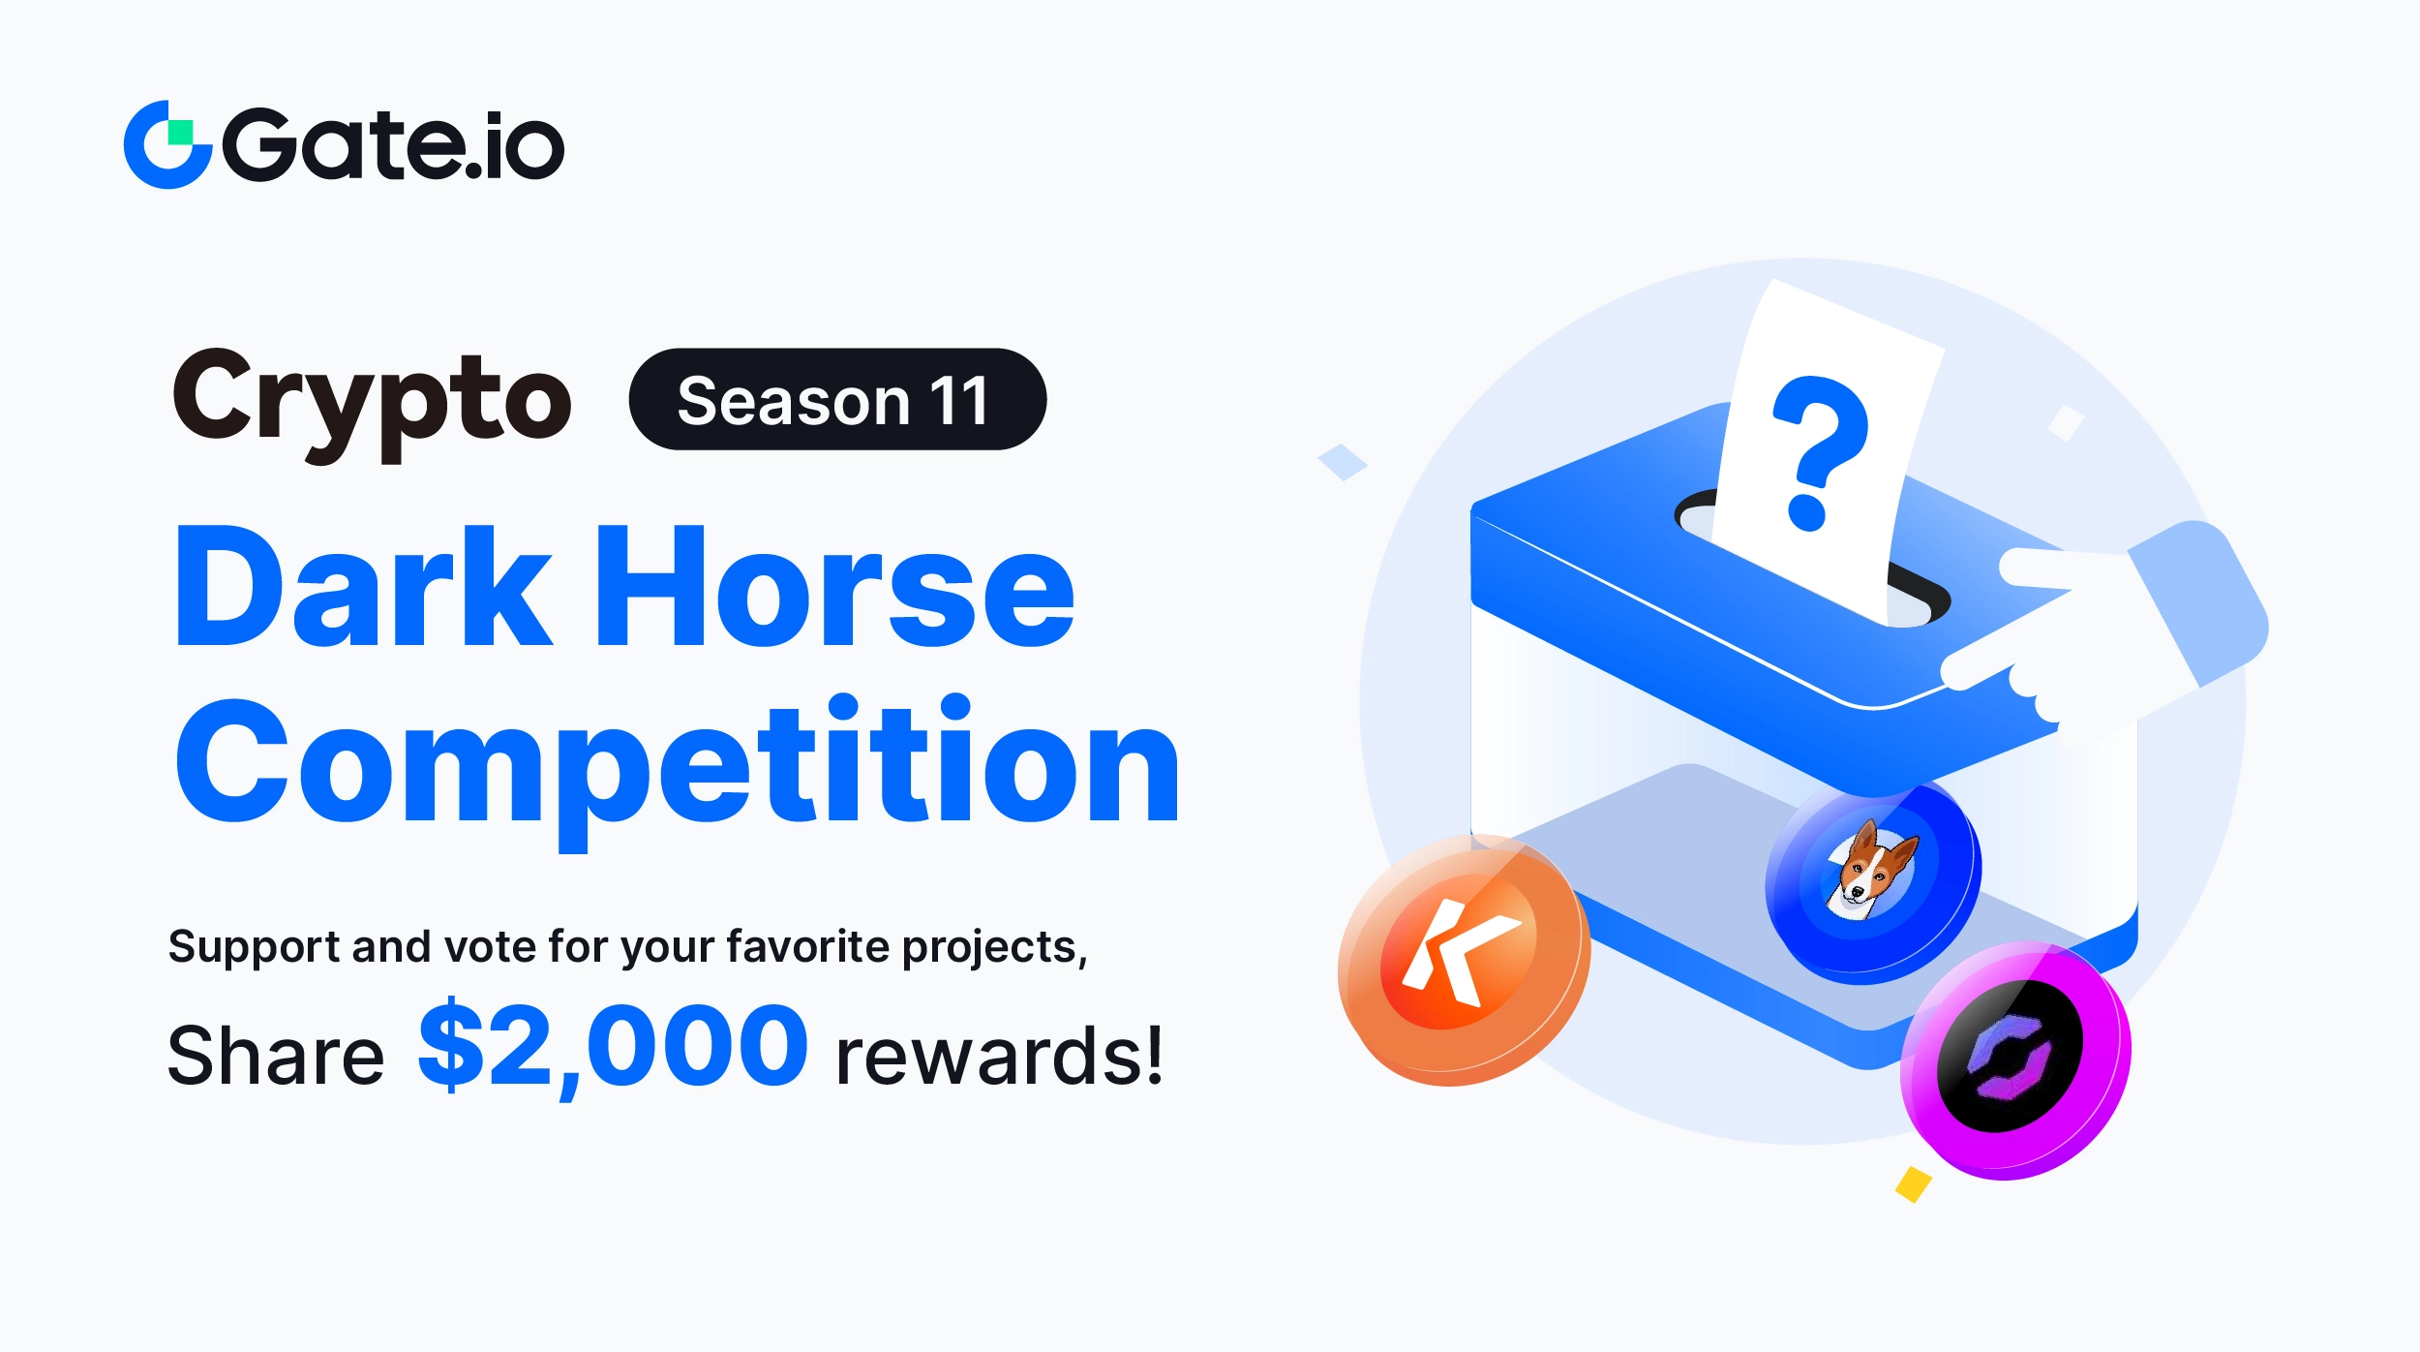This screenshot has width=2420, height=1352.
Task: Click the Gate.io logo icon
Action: pos(168,144)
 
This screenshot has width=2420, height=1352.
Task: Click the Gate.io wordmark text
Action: pos(393,145)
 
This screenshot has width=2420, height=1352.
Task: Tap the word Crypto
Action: pos(372,403)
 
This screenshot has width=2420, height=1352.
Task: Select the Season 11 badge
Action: pos(837,399)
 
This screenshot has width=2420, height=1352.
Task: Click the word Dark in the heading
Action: pos(363,586)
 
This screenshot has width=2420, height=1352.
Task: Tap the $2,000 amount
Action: pos(613,1048)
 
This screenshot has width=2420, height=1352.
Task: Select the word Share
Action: pos(276,1055)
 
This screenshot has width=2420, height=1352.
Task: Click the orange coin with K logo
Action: pos(1463,960)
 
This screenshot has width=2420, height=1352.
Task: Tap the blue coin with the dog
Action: pos(1873,882)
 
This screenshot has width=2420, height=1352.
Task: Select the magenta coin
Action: pos(2015,1061)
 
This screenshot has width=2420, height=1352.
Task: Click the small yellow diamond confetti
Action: pos(1914,1184)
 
